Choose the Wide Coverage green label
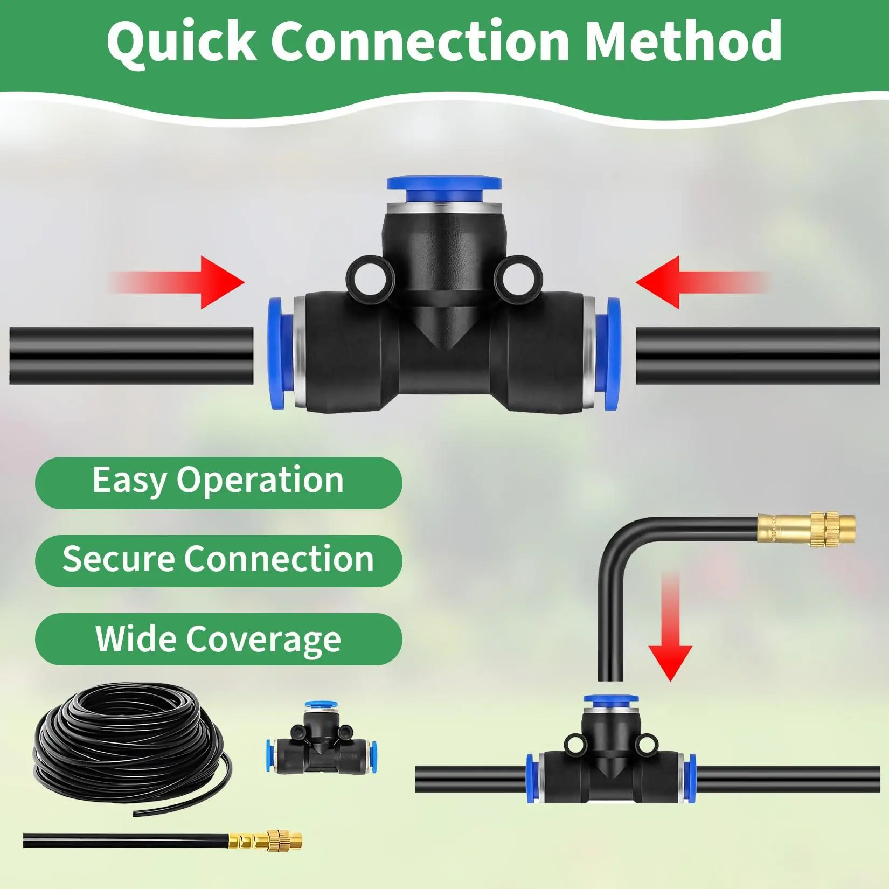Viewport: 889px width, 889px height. (218, 639)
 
